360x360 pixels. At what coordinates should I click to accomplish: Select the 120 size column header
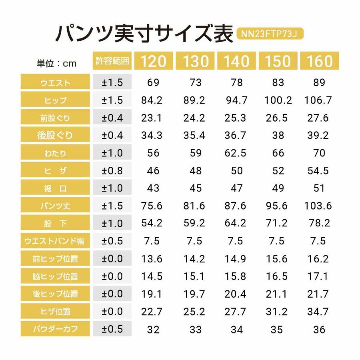point(153,61)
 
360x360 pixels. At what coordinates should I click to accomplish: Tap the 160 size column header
point(319,61)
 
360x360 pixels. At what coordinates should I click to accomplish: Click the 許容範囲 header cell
point(112,61)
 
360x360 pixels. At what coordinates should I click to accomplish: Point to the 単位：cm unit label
point(56,63)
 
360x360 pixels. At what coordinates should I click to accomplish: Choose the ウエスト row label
point(56,83)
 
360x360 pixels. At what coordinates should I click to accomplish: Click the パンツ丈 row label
point(56,206)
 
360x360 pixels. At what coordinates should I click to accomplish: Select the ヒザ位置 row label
point(56,312)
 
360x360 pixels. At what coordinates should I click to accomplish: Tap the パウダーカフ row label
point(56,329)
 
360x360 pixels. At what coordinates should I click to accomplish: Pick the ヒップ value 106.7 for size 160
point(318,100)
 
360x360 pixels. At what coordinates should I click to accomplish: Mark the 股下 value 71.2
point(278,224)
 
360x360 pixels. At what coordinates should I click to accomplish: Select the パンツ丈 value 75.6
point(152,206)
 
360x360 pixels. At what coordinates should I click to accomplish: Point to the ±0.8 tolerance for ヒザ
point(112,171)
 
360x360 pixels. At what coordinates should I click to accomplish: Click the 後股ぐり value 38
point(278,136)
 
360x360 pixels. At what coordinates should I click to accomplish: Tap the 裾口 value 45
point(195,188)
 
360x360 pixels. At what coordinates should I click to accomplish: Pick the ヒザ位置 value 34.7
point(318,312)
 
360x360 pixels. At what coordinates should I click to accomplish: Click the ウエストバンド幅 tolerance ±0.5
point(112,241)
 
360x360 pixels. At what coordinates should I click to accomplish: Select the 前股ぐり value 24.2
point(194,118)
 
